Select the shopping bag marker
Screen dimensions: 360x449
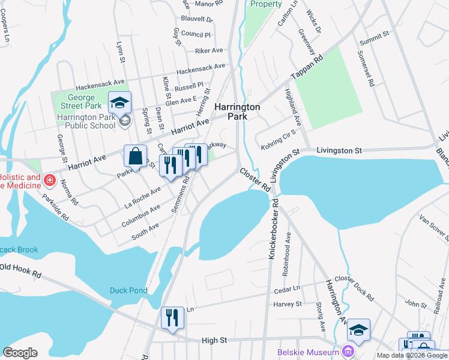[136, 157]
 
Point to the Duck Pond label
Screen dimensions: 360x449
[128, 290]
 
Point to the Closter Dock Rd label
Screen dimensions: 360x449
[354, 289]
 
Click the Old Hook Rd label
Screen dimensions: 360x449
[20, 270]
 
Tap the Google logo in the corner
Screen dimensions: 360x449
[20, 353]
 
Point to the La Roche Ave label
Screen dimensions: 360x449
[142, 195]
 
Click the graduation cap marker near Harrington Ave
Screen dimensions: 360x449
[358, 330]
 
